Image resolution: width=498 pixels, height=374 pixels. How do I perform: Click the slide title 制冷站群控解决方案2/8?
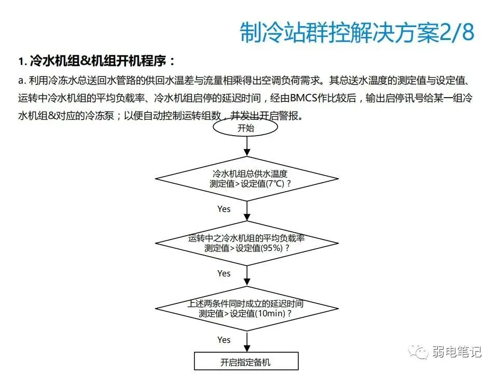tap(357, 33)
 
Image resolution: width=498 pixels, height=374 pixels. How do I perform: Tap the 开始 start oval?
tap(246, 128)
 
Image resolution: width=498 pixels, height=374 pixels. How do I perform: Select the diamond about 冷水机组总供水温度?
tap(247, 179)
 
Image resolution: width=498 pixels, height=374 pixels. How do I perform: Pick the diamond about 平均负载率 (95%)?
tap(247, 243)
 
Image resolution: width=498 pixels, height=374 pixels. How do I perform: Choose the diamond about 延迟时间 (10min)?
tap(247, 309)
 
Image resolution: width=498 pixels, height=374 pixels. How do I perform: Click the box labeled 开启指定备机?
tap(246, 362)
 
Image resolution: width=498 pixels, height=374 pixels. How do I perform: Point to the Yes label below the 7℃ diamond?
tap(224, 209)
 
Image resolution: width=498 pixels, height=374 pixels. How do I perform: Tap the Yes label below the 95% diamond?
tap(224, 273)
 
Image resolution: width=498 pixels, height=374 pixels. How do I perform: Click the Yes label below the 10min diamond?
tap(224, 340)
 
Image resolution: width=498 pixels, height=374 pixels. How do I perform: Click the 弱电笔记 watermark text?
tap(457, 352)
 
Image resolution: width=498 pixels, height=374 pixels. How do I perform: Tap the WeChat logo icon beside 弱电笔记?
tap(419, 352)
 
